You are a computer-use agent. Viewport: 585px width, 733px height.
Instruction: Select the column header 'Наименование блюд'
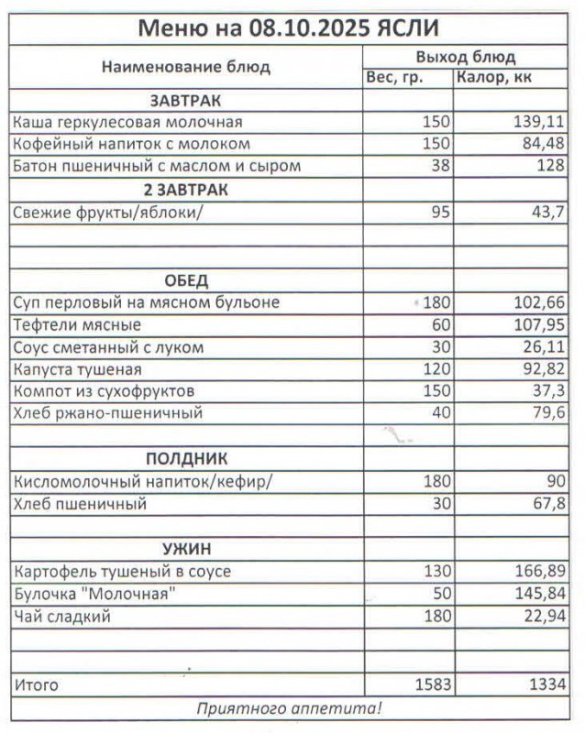point(185,67)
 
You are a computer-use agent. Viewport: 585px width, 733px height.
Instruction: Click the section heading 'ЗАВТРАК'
point(185,100)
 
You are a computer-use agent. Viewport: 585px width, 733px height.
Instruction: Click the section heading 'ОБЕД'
point(186,279)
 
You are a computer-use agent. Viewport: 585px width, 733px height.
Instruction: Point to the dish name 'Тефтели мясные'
point(76,324)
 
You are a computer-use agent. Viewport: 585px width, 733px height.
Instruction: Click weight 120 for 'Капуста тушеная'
point(436,369)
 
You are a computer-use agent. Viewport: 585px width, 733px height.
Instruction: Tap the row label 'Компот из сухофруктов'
point(104,391)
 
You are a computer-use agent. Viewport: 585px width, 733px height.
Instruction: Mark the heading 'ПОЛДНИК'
point(186,459)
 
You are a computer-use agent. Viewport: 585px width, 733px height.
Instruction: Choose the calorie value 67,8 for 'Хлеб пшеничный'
point(547,504)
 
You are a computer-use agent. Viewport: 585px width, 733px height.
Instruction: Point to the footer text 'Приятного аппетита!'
point(290,708)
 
